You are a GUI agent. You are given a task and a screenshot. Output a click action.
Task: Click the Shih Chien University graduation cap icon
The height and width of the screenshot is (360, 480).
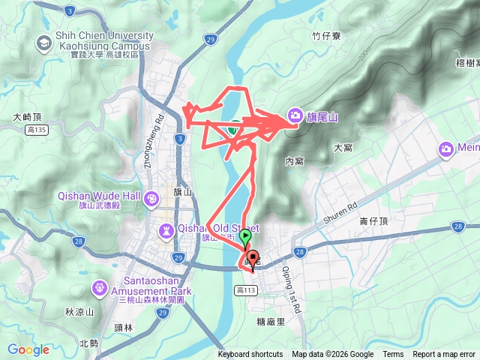[x=44, y=43]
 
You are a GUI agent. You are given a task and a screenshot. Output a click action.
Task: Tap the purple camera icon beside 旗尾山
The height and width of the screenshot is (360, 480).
[x=295, y=115]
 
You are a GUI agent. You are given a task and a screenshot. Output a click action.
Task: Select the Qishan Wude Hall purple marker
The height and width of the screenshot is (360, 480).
[x=152, y=199]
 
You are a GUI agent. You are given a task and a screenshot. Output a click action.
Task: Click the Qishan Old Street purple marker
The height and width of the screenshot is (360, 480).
[x=165, y=229]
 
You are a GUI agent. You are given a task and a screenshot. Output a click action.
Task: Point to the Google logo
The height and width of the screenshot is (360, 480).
[x=28, y=349]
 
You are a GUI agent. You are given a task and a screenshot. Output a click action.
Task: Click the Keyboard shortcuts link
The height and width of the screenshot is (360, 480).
[x=250, y=355]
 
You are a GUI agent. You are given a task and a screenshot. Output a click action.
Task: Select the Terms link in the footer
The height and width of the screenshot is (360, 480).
[x=393, y=355]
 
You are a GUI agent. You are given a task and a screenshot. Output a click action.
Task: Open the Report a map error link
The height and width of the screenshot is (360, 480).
[x=444, y=355]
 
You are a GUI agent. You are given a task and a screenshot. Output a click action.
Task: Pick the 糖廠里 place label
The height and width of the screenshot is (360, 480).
[x=271, y=321]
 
